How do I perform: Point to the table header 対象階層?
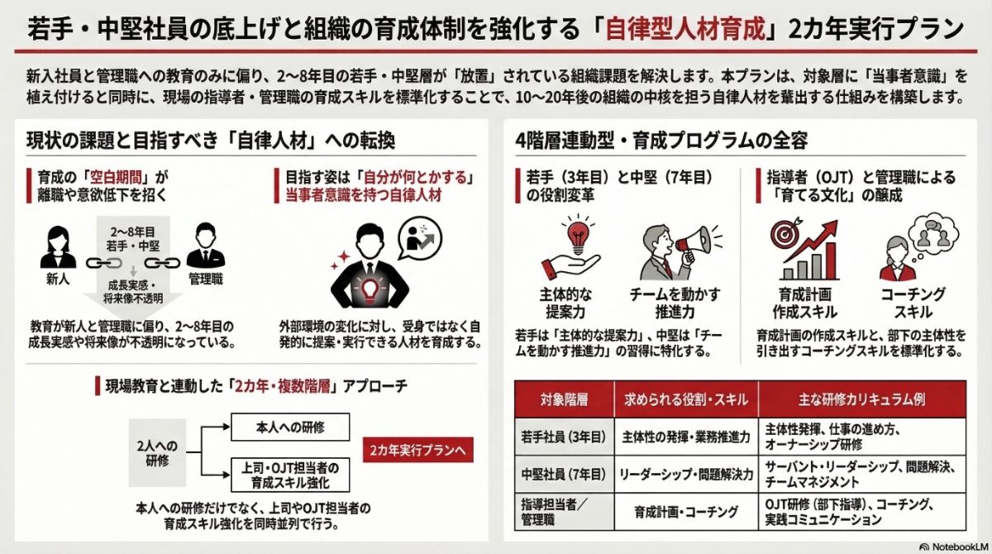[565, 399]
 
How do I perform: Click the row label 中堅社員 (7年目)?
[565, 475]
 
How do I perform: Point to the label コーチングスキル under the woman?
[913, 303]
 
